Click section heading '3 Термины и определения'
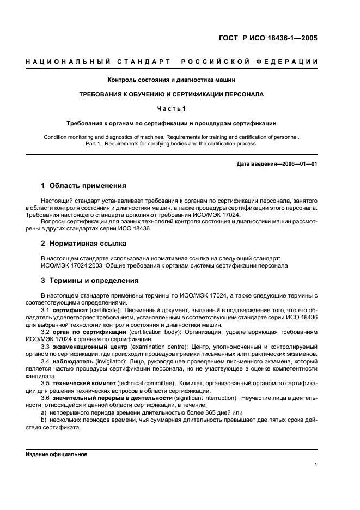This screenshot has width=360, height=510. tap(90, 280)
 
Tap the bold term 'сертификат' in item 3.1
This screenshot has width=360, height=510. tap(71, 309)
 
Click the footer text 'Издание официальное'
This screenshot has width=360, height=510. tap(56, 454)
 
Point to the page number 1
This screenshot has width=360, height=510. tap(316, 465)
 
